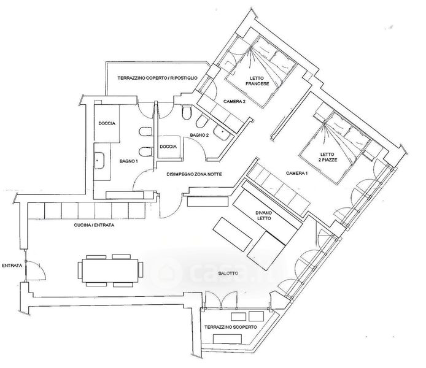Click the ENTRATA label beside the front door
click(12, 266)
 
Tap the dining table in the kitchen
click(110, 270)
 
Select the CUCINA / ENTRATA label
click(94, 225)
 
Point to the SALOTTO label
click(228, 274)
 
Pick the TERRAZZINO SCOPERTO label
click(230, 327)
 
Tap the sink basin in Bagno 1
click(99, 161)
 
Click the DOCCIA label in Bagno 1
click(107, 123)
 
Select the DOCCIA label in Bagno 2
click(168, 147)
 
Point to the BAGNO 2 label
click(199, 135)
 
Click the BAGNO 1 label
click(129, 161)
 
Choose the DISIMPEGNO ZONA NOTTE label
click(194, 174)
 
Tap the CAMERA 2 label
click(234, 101)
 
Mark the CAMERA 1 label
click(297, 173)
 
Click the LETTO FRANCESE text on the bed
click(257, 81)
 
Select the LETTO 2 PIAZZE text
click(328, 157)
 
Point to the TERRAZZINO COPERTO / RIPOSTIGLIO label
click(158, 78)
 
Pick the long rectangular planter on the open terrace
click(227, 339)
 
